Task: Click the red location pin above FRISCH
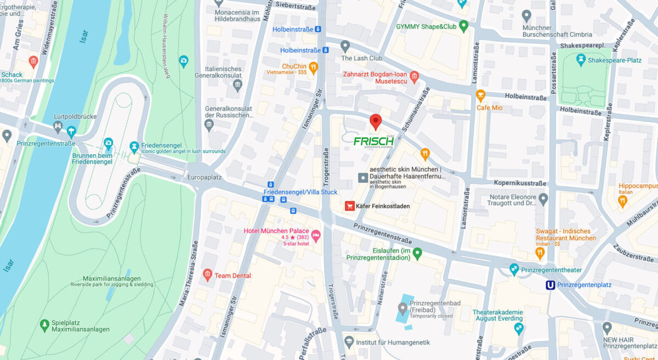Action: pos(375,121)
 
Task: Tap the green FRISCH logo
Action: pos(373,141)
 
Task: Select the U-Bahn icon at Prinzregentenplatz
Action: pos(549,285)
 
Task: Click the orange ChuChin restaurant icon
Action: pos(313,68)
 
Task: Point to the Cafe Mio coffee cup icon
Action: pos(480,96)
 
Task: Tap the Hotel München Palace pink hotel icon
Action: pos(316,235)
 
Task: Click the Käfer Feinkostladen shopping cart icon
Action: pos(349,206)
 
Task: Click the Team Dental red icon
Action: pos(207,274)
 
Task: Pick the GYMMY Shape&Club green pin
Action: pos(464,26)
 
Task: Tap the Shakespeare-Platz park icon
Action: pos(581,60)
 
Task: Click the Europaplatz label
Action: pos(203,178)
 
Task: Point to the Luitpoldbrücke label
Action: pos(76,117)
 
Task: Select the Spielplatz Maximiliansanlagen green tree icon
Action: pos(44,325)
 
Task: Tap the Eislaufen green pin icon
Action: pos(417,253)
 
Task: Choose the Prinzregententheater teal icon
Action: pos(514,268)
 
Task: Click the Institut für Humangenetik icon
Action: pos(349,342)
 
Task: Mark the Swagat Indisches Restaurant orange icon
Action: pos(540,253)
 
